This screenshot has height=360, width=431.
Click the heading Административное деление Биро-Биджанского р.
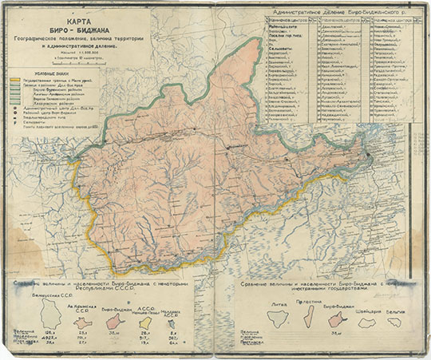(340, 14)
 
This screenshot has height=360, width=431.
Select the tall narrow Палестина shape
(308, 317)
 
